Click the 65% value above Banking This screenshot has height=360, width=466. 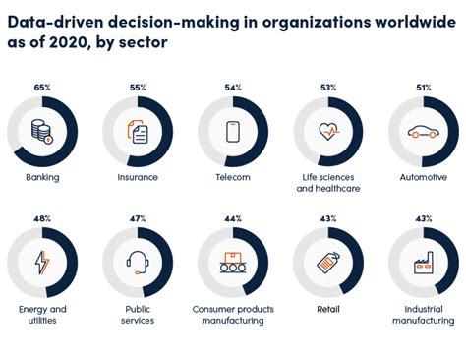pos(41,88)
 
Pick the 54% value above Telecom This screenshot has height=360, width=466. pos(232,88)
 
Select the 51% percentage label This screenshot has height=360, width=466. pos(424,88)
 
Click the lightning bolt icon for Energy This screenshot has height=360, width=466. pos(41,263)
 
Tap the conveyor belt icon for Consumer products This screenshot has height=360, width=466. pos(232,263)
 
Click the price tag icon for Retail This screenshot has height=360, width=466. pos(328,263)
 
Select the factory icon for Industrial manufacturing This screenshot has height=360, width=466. pos(424,263)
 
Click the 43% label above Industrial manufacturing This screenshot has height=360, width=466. pos(424,218)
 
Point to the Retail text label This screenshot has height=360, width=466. pos(328,309)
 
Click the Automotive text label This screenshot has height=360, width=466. pos(424,178)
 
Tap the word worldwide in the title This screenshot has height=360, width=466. pos(402,22)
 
